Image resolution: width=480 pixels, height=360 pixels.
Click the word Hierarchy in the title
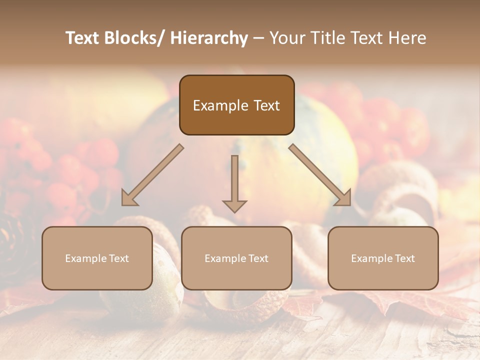pyautogui.click(x=209, y=38)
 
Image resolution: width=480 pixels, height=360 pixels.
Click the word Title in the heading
pyautogui.click(x=327, y=38)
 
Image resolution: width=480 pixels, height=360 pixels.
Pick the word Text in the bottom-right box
pyautogui.click(x=404, y=258)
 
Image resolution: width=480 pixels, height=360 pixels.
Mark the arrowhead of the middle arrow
pyautogui.click(x=234, y=205)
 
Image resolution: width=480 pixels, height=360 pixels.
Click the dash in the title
pyautogui.click(x=258, y=38)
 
